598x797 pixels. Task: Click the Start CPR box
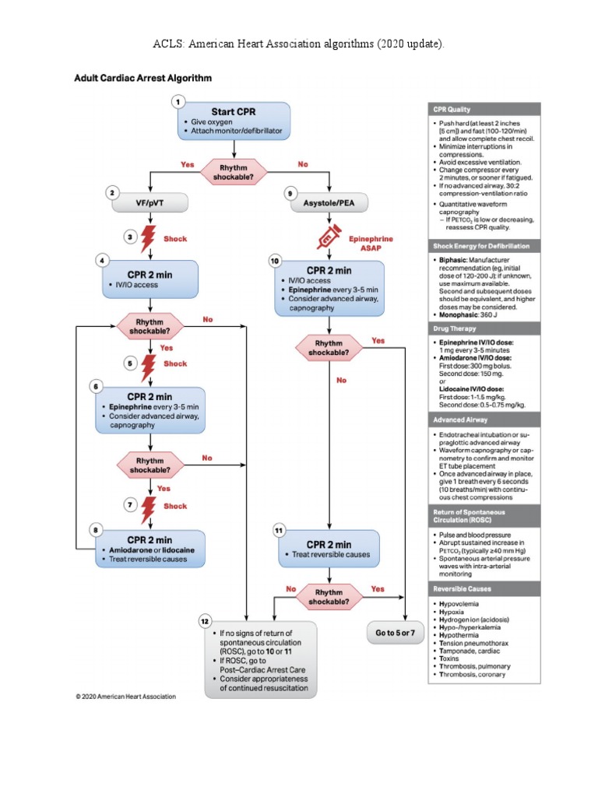tap(234, 121)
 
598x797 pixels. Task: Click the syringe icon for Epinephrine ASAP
tap(329, 237)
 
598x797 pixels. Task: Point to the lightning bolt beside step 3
tap(147, 238)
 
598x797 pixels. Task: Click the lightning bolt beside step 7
tap(148, 510)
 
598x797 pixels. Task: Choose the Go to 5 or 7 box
tap(395, 632)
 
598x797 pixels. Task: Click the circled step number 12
tap(205, 621)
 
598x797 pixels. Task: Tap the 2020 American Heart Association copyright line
tap(125, 696)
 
